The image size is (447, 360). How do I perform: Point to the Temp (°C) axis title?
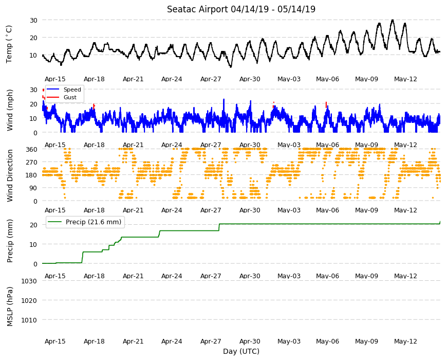coord(9,44)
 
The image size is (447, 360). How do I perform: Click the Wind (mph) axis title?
coord(10,110)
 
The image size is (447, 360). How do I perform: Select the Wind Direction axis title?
coord(10,175)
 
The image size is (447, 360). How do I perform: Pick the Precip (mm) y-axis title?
coord(10,241)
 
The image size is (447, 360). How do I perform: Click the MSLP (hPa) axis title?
coord(10,307)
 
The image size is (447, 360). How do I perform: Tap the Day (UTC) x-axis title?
coord(241,351)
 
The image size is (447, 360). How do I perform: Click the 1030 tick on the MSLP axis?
coord(29,281)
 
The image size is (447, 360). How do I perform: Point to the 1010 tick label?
coord(29,320)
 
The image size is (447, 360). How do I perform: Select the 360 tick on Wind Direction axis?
coord(32,149)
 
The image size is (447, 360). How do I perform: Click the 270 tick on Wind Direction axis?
coord(32,163)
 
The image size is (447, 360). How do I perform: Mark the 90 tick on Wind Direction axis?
coord(33,188)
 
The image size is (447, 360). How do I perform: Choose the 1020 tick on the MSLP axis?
coord(29,300)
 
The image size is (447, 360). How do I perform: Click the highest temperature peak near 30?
coord(393,20)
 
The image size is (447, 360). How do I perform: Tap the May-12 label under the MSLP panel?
coord(405,341)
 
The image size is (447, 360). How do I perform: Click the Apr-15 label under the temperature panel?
coord(55,79)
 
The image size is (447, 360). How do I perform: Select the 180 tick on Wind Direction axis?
coord(32,175)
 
